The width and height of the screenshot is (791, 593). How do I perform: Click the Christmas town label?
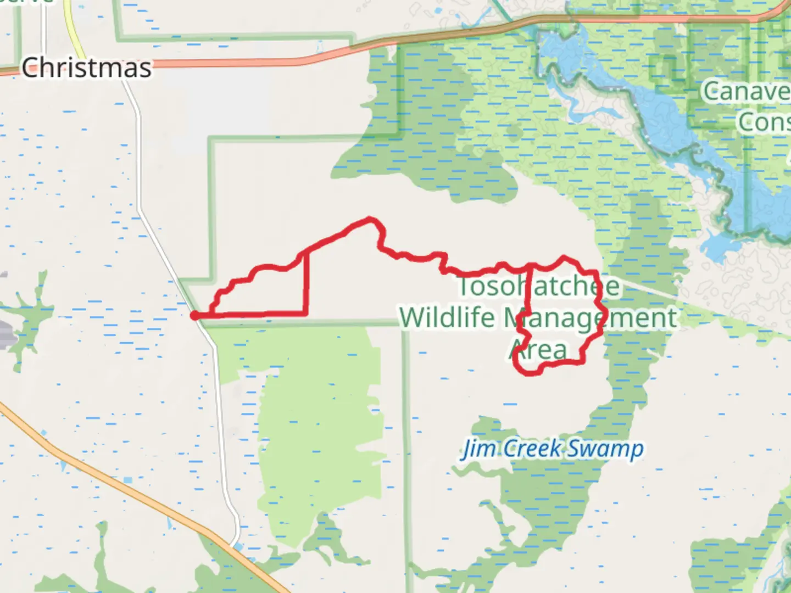[x=86, y=68]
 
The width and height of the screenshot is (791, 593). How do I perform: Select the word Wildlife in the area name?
[x=447, y=318]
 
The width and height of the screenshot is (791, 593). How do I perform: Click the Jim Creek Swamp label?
[x=553, y=449]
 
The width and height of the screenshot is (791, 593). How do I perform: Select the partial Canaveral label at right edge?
[x=746, y=91]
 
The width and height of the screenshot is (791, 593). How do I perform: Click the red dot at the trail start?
[x=194, y=315]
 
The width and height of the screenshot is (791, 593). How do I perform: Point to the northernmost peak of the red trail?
[x=370, y=220]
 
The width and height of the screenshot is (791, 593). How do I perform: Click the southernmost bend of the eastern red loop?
[x=529, y=373]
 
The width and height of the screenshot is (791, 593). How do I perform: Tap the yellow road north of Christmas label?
[x=71, y=22]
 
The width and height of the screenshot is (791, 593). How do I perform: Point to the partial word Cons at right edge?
[x=764, y=122]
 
